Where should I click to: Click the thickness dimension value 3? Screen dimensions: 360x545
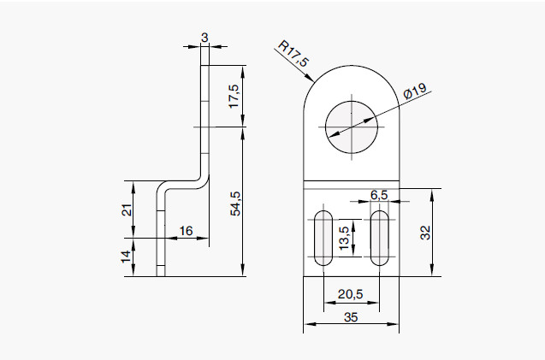tap(204, 37)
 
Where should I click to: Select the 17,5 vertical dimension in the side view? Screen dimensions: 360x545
tap(234, 96)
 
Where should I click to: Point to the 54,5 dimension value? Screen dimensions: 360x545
tap(236, 203)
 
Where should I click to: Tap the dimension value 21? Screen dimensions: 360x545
tap(127, 210)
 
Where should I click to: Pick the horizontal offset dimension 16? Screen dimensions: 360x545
tap(186, 231)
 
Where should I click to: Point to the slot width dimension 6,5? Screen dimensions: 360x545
tap(379, 194)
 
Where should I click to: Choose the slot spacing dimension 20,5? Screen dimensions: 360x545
tap(350, 294)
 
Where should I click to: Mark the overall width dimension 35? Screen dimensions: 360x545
tap(350, 316)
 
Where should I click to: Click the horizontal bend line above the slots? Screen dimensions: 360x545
tap(351, 188)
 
